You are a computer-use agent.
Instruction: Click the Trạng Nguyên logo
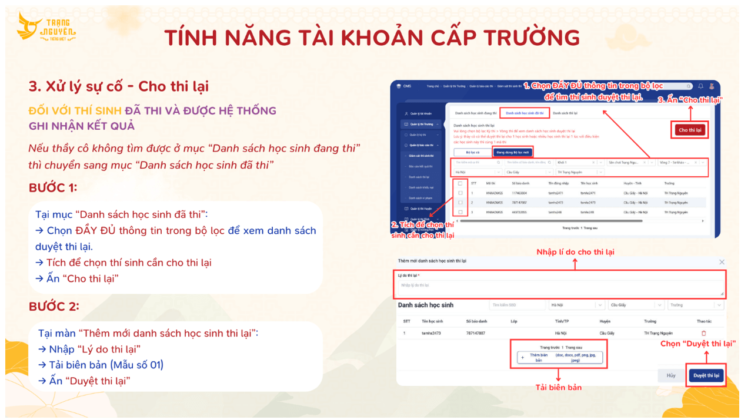click(x=46, y=27)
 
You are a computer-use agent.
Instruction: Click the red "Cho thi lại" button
click(x=690, y=130)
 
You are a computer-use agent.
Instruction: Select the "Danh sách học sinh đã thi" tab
click(x=525, y=113)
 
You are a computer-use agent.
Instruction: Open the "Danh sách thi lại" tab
click(x=565, y=113)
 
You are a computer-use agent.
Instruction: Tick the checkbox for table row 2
click(x=460, y=203)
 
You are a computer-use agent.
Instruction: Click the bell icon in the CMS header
click(x=700, y=86)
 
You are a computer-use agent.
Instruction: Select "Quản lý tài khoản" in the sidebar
click(x=420, y=113)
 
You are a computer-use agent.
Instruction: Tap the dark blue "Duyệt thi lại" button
click(x=706, y=375)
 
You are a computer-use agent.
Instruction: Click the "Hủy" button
click(x=671, y=375)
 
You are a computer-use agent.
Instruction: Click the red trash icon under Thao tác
click(x=703, y=333)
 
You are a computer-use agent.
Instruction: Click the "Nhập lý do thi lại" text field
click(x=559, y=287)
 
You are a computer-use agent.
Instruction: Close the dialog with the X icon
click(x=722, y=262)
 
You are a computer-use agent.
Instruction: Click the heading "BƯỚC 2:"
click(x=54, y=306)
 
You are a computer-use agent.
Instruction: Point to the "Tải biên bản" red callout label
click(x=558, y=387)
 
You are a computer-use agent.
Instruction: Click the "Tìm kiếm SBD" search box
click(x=516, y=305)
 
